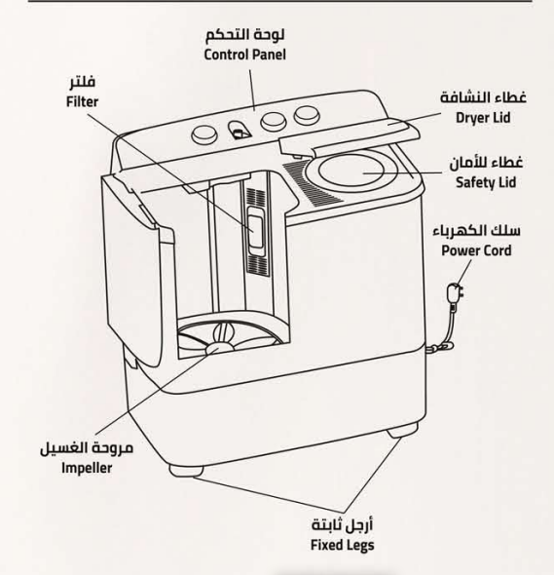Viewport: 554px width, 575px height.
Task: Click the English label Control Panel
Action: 244,55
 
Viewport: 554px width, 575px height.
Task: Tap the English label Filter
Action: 82,101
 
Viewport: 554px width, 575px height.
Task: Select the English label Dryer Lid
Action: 483,118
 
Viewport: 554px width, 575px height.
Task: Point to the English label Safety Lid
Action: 486,182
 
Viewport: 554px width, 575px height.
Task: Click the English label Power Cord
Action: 476,250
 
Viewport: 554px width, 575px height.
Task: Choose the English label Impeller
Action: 87,468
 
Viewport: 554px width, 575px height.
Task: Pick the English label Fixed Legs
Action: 342,545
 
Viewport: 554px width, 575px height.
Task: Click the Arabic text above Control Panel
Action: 244,34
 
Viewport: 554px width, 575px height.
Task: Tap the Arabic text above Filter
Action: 83,82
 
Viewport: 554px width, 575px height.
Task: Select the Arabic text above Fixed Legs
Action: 342,524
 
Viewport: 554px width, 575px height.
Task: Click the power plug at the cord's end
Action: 456,293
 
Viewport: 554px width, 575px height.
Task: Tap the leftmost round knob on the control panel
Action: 204,134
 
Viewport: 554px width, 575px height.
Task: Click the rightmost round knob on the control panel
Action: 307,115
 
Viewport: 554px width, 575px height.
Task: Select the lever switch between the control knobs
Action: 240,130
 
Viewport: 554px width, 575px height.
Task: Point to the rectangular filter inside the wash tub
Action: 255,232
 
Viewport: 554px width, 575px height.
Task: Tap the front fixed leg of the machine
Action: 186,471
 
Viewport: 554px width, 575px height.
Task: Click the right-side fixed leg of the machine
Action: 402,431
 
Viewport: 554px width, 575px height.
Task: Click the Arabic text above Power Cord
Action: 476,231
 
